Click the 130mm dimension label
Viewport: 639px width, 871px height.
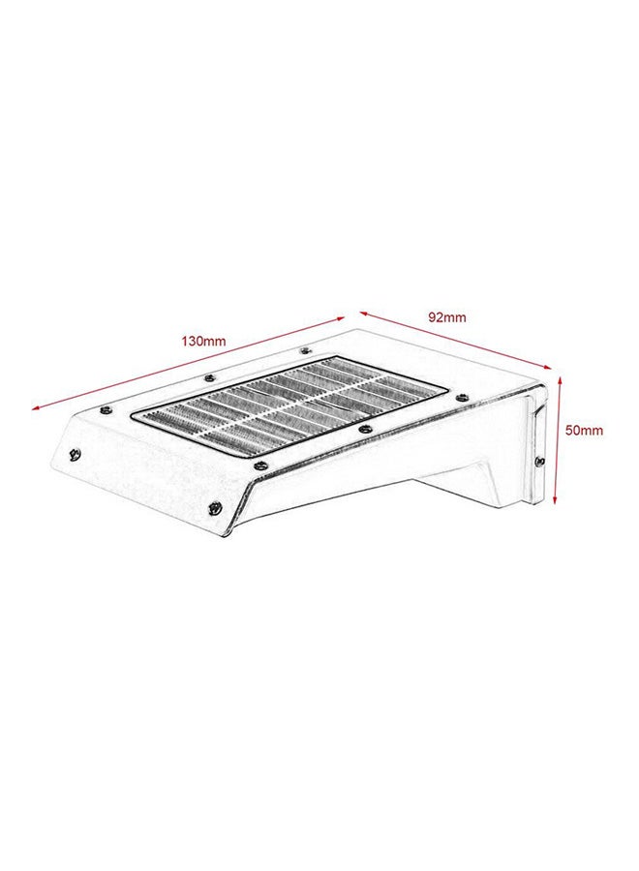[203, 341]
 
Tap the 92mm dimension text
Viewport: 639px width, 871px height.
[447, 316]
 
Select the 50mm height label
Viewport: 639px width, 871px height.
[585, 430]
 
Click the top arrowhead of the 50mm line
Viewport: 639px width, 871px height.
[558, 380]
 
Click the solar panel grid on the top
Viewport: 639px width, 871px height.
[290, 406]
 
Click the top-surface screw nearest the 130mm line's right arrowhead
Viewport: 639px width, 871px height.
[306, 351]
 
